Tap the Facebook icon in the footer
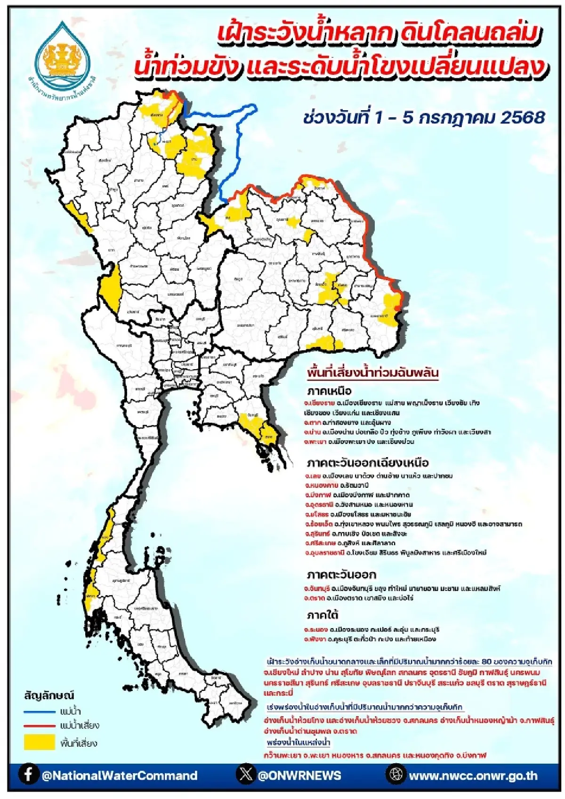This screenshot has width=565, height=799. pyautogui.click(x=29, y=775)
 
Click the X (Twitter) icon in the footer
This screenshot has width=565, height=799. pyautogui.click(x=246, y=775)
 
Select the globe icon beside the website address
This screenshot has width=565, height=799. pyautogui.click(x=396, y=775)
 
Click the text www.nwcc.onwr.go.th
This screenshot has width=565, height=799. pyautogui.click(x=473, y=775)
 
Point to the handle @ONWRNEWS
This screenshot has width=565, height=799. pyautogui.click(x=299, y=775)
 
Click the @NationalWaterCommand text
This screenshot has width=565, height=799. pyautogui.click(x=120, y=775)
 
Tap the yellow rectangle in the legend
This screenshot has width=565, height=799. pyautogui.click(x=40, y=743)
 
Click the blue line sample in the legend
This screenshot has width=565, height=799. pyautogui.click(x=40, y=711)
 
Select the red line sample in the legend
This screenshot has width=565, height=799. pyautogui.click(x=40, y=726)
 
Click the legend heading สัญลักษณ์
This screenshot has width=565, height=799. pyautogui.click(x=49, y=696)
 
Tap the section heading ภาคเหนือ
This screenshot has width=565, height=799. pyautogui.click(x=329, y=391)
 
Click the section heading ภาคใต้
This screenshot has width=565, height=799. pyautogui.click(x=323, y=615)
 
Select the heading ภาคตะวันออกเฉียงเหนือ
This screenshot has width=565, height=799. pyautogui.click(x=367, y=462)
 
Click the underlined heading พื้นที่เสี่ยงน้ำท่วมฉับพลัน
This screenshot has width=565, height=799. pyautogui.click(x=372, y=373)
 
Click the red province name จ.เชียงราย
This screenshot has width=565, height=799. pyautogui.click(x=319, y=404)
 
